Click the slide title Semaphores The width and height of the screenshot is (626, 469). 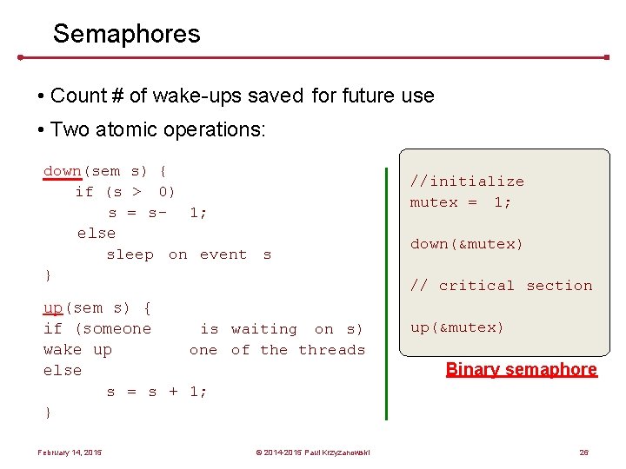[x=126, y=34]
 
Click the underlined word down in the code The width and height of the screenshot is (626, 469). [x=62, y=171]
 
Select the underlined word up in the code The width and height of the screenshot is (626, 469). [x=53, y=307]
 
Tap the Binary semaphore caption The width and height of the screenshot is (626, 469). [x=521, y=369]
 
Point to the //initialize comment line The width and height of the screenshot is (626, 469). [x=467, y=182]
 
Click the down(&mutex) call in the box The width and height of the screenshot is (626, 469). [x=467, y=244]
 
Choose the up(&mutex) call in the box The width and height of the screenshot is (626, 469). [x=457, y=327]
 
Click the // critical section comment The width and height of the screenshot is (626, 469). [x=501, y=286]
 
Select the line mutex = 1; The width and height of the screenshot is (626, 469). [x=461, y=202]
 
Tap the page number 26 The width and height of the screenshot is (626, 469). [x=583, y=452]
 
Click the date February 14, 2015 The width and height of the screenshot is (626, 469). [x=70, y=452]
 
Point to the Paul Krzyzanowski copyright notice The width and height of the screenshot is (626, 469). [x=312, y=452]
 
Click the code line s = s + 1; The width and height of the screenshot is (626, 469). [x=156, y=392]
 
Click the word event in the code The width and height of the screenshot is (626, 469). [x=223, y=254]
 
